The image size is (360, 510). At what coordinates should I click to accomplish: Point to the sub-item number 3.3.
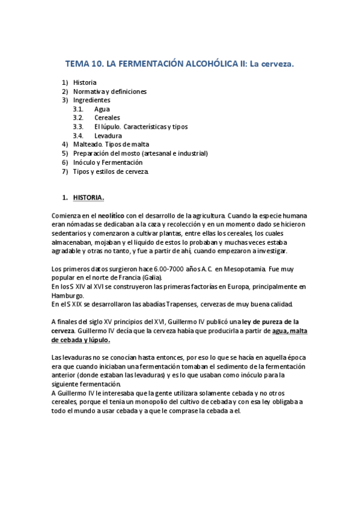click(x=78, y=127)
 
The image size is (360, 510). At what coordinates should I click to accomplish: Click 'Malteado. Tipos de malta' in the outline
click(x=111, y=144)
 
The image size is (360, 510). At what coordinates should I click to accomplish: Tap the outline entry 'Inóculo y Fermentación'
click(x=108, y=162)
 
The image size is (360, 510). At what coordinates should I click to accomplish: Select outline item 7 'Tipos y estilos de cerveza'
click(x=111, y=171)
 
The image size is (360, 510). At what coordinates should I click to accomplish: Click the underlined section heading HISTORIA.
click(x=88, y=197)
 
